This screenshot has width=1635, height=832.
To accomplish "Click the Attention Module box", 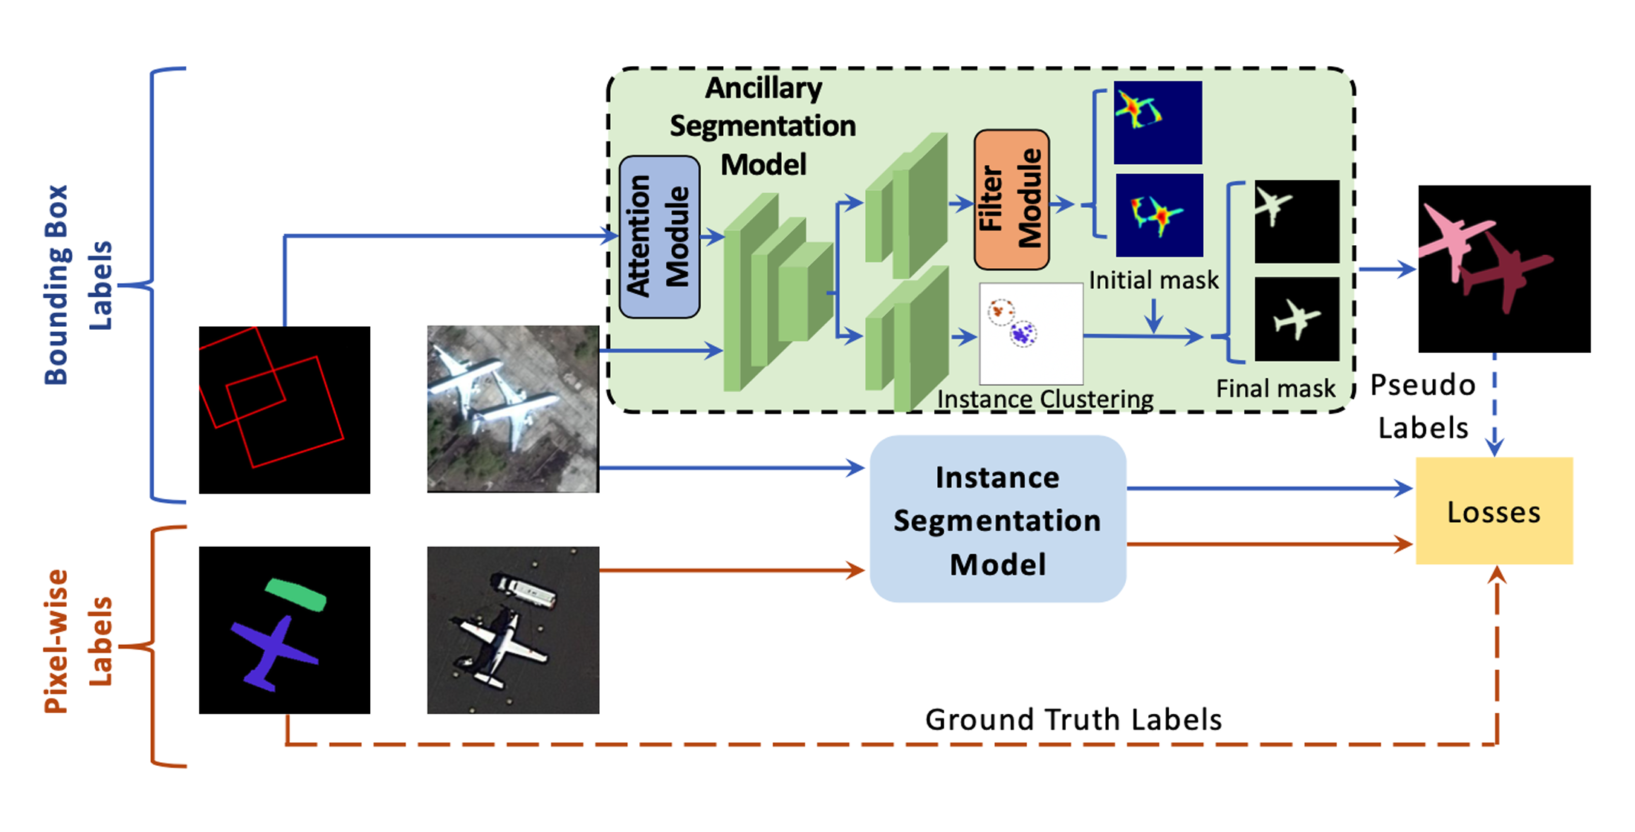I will point(659,236).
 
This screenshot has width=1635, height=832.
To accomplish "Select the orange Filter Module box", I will point(1011,199).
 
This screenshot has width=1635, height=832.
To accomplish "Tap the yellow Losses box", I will point(1494,511).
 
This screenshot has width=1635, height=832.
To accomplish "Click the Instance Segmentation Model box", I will point(997,519).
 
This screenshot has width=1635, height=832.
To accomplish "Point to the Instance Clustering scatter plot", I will point(1031,333).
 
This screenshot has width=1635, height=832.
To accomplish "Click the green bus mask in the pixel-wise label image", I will point(296,594).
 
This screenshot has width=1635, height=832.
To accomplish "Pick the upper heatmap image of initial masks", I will point(1157,123).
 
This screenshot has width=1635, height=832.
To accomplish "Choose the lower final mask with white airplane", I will point(1297,319).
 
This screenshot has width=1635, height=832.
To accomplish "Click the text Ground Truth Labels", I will point(1072,719).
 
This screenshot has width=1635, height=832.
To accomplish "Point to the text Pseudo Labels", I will point(1422,406).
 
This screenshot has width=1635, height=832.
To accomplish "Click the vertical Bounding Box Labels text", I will point(78,285).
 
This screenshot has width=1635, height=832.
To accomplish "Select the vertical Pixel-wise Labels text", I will point(78,640).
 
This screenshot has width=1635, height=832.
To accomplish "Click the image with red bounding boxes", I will point(284,409).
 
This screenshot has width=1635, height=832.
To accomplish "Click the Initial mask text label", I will point(1153,280).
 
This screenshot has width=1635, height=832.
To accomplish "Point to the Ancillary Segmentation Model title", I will point(763,126).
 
